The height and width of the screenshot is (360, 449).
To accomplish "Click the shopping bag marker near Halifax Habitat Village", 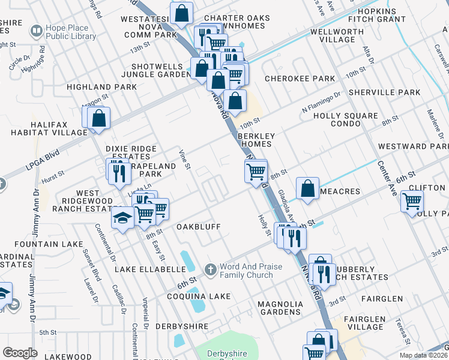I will pos(99,118).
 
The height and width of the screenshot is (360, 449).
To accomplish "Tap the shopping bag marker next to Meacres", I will pos(307,188).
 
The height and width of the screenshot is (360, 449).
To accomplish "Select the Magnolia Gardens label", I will pos(279,308).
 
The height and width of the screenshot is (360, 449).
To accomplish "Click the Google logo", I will pos(20,353).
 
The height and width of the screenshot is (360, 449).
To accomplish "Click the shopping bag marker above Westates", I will pos(181,12).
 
